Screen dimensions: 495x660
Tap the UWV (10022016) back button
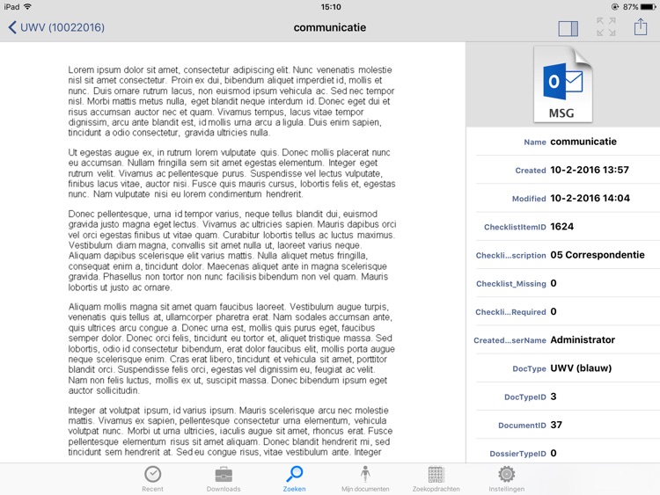click(x=56, y=28)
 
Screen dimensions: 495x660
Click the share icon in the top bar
click(x=640, y=28)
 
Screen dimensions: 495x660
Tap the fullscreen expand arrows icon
click(x=606, y=28)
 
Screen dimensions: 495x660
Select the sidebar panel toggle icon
click(x=568, y=28)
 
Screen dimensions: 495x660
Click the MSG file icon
click(x=563, y=84)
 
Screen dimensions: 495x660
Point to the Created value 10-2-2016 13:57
click(x=590, y=170)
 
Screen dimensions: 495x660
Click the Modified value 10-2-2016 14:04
click(x=590, y=198)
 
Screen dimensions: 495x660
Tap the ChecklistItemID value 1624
click(x=562, y=227)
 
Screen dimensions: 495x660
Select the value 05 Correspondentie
click(x=598, y=255)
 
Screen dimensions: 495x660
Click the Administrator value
click(x=583, y=339)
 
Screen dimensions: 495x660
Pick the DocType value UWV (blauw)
click(x=581, y=368)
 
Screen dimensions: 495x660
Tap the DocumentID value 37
click(x=556, y=425)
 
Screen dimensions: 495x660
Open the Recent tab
click(x=152, y=478)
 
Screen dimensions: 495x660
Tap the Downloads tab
click(x=224, y=478)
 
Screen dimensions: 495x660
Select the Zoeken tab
click(x=294, y=478)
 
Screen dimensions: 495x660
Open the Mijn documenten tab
click(x=365, y=478)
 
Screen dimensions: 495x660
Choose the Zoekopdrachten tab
click(x=436, y=478)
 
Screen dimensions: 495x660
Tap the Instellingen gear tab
click(x=506, y=478)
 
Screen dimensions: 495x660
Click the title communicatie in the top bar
click(x=330, y=28)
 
